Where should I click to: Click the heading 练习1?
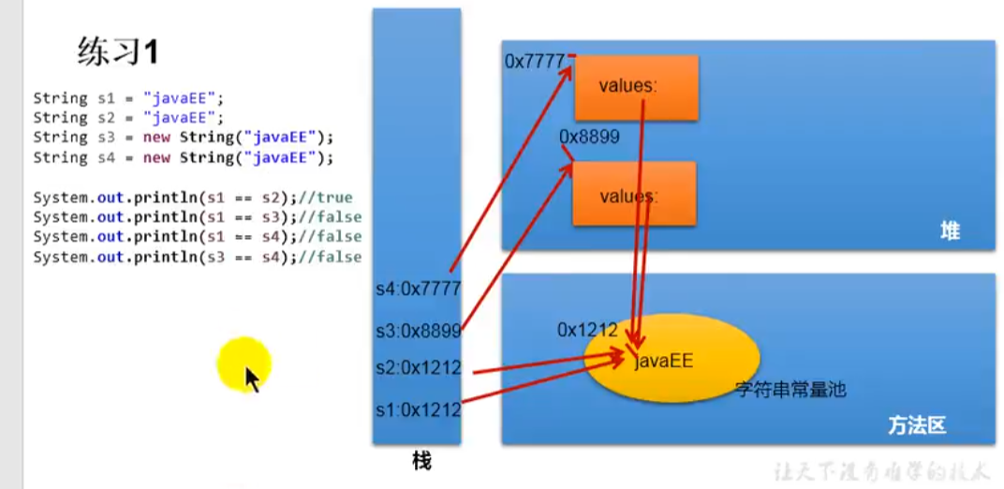coord(117,52)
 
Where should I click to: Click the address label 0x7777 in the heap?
coord(534,61)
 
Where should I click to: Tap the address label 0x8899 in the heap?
coord(589,136)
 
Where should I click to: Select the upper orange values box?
coord(636,87)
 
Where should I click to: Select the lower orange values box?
coord(635,194)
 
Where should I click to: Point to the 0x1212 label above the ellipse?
coord(587,330)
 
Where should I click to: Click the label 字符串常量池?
coord(790,388)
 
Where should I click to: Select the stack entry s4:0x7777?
coord(417,289)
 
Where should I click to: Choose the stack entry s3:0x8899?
coord(417,330)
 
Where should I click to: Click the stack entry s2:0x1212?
coord(417,368)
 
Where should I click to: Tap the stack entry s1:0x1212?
coord(417,409)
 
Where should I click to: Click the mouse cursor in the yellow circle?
coord(251,378)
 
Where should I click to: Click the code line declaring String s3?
coord(183,137)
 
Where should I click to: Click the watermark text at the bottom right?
coord(881,472)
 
